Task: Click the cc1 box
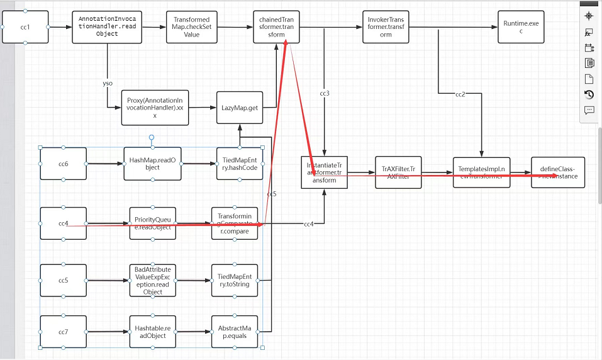25,27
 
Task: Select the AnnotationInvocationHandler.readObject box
107,27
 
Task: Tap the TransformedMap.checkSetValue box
191,27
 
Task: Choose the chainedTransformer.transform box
277,27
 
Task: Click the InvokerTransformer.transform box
386,27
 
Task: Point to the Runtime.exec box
521,27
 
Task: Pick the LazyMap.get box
239,108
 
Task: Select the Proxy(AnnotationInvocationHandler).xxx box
155,108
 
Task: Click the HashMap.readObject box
152,164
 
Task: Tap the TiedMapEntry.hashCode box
238,164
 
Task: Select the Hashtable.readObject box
151,332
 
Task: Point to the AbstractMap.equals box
234,332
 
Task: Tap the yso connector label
108,83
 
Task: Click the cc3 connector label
325,94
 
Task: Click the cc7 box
63,332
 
